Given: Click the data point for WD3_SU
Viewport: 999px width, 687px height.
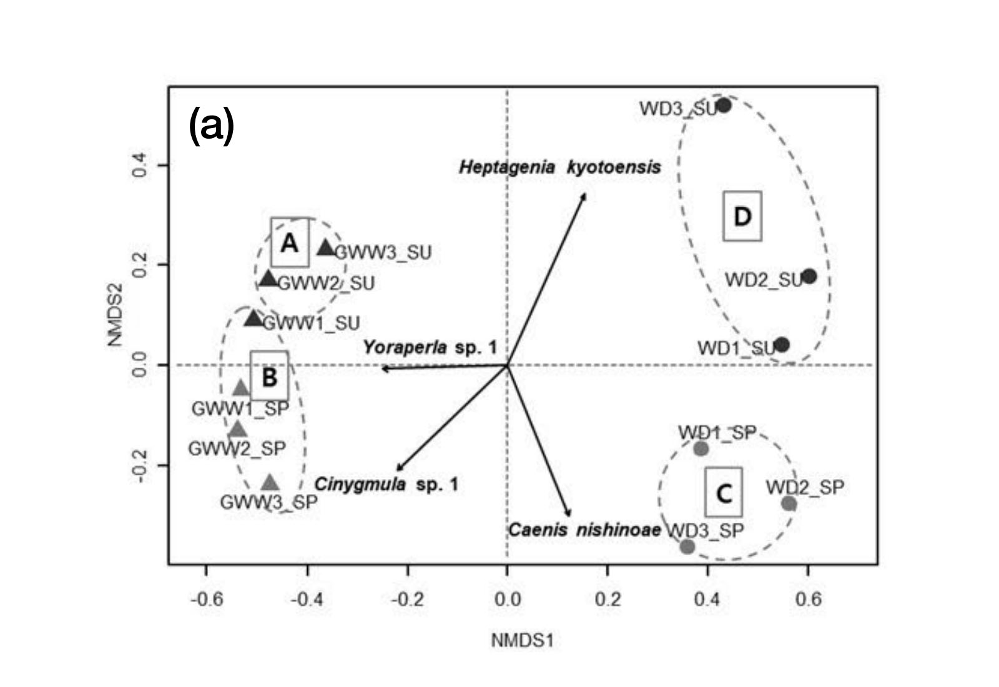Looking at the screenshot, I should point(723,105).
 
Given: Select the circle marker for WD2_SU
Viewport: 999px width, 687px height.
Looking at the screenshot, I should point(809,276).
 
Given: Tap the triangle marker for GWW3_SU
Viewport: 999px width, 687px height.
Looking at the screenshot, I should point(326,248).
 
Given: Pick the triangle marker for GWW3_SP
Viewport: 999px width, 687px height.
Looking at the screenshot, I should point(270,483).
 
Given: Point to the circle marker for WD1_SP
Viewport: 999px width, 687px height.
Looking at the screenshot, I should point(701,448).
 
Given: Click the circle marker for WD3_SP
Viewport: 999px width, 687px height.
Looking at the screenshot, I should point(687,546).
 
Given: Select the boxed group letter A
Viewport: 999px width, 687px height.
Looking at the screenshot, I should point(289,243).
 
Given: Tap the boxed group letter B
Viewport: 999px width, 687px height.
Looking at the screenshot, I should point(269,377).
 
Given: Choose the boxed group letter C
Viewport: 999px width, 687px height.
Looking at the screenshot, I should point(724,493).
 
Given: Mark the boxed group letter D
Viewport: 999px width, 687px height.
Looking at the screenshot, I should point(742,216).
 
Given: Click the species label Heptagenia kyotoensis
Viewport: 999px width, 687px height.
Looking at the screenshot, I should point(559,167).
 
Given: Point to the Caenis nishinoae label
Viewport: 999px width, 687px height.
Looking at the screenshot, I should point(584,530).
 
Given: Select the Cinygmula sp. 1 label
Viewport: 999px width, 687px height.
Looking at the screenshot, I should point(386,484).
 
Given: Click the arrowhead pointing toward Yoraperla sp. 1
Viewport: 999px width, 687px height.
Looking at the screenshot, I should point(383,368).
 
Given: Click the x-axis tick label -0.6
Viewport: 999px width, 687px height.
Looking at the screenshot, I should point(207,600).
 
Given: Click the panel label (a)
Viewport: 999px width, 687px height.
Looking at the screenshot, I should point(211,125).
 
